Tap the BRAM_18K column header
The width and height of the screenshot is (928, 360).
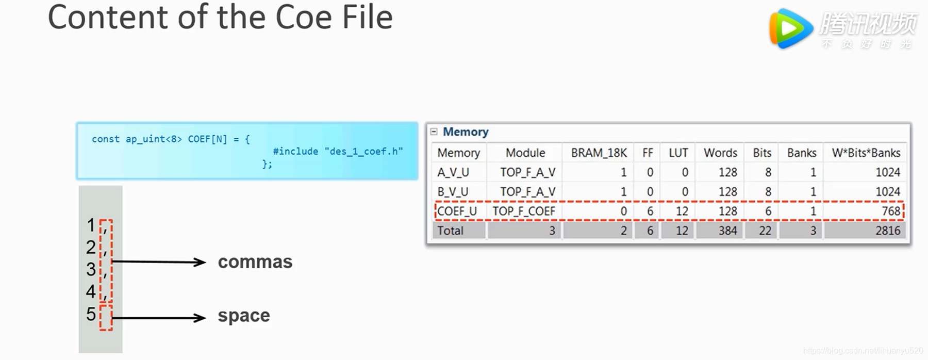599,153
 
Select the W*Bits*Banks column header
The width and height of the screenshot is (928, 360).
866,153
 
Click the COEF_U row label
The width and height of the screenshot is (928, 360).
457,211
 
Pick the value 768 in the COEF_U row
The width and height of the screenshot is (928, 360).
890,211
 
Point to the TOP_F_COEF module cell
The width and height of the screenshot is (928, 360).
524,211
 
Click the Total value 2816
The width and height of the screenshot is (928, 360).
887,231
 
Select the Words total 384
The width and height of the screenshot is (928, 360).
727,231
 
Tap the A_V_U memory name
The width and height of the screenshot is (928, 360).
453,172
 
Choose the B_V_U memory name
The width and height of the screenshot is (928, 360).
453,192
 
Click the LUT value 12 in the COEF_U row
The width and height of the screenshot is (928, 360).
682,211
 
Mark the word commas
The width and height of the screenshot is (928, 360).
255,262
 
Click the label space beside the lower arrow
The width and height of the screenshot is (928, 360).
244,316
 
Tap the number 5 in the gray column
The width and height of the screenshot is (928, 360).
91,314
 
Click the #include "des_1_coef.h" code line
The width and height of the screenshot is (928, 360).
338,151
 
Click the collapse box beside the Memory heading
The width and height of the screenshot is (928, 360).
434,132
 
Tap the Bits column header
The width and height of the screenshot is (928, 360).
761,153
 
